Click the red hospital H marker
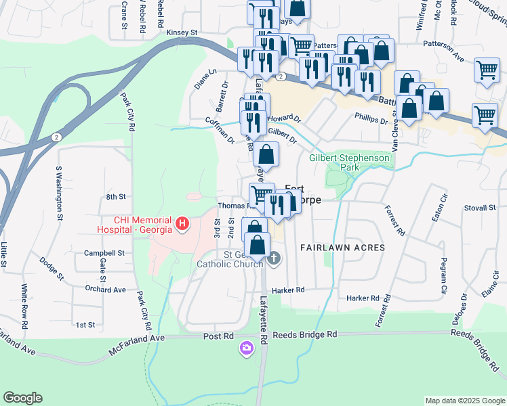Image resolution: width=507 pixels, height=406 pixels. pos(181,223)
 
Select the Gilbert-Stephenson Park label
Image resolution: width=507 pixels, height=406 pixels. pos(350,162)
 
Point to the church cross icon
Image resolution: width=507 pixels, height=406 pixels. pos(274,258)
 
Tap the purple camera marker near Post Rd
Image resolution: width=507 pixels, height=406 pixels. pos(246,348)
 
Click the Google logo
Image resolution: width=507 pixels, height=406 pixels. pos(22,398)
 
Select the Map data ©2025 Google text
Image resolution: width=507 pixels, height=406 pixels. pos(465,401)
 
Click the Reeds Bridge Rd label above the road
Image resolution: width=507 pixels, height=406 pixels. pos(304,335)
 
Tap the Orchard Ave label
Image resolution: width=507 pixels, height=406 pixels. pos(106,289)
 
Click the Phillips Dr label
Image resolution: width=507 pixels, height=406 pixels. pos(371,118)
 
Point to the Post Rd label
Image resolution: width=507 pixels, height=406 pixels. pos(218,336)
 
